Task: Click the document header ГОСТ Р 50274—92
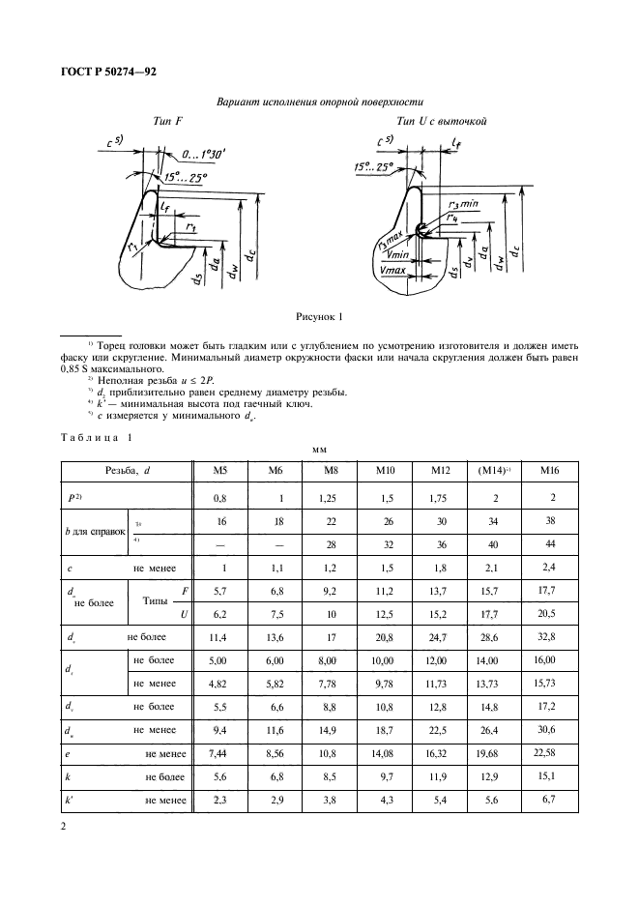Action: tap(102, 72)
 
